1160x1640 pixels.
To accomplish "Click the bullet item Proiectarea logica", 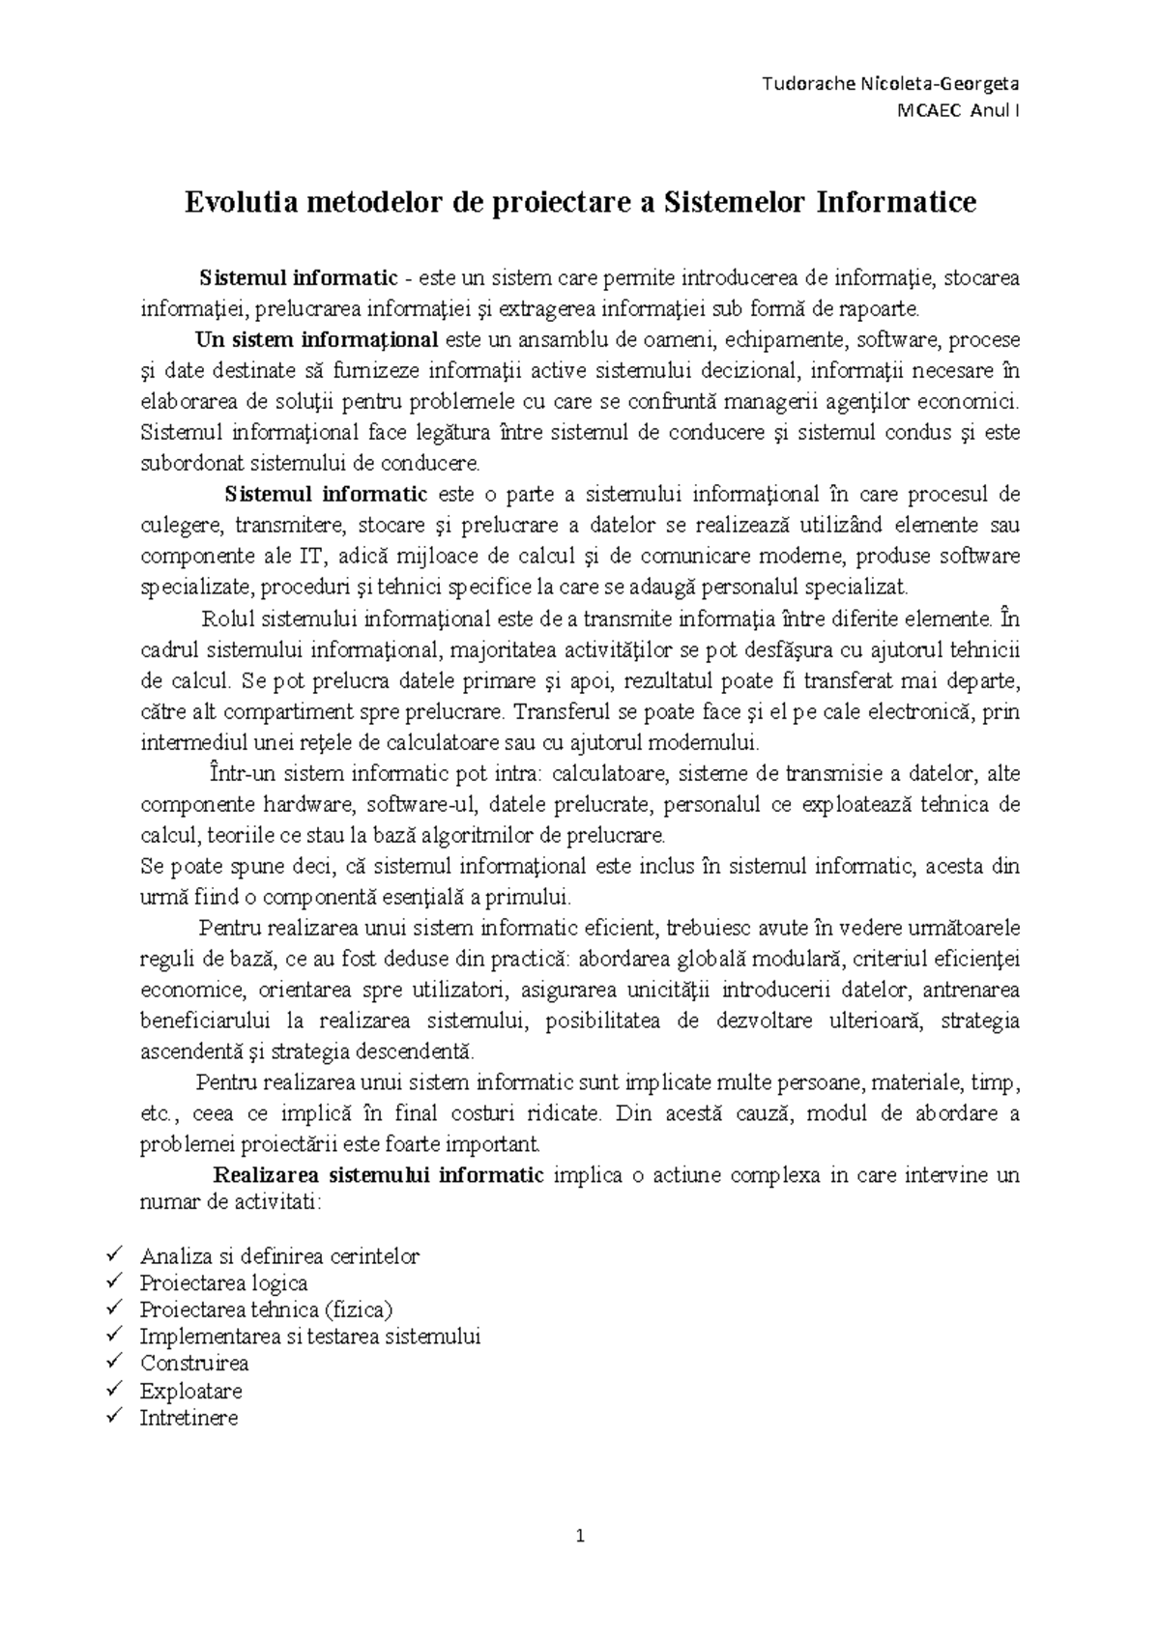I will point(223,1283).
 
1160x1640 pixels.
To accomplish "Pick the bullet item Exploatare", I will point(190,1392).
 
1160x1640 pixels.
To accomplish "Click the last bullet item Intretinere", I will point(188,1419).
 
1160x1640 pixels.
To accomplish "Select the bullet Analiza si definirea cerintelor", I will point(279,1256).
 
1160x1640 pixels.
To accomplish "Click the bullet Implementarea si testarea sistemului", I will point(309,1337).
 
